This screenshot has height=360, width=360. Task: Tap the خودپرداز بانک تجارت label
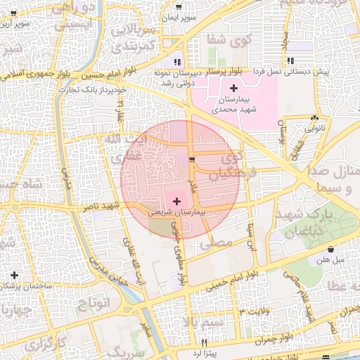[92, 89]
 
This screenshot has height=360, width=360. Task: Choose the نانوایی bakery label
[314, 129]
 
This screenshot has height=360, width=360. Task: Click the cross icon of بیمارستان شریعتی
[176, 201]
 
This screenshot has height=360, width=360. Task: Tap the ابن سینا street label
[249, 238]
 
